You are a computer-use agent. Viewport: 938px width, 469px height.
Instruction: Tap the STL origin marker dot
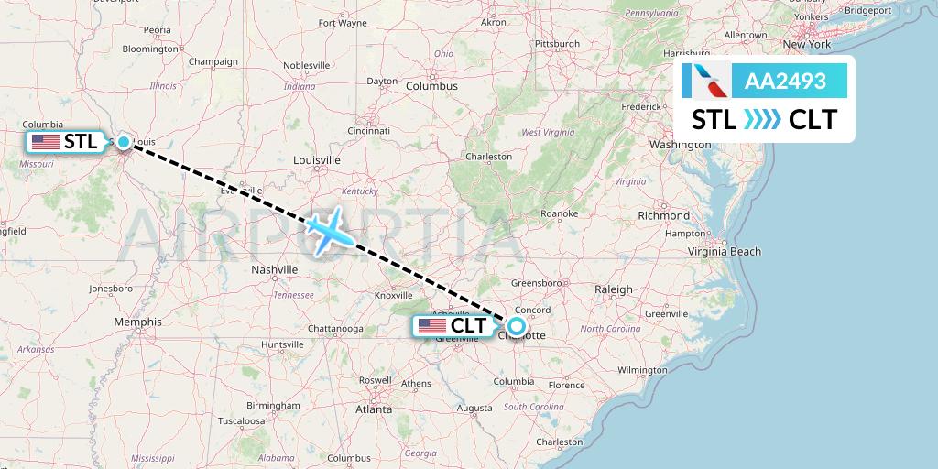tap(123, 142)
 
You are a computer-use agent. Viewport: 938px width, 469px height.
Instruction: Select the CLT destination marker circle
tap(516, 325)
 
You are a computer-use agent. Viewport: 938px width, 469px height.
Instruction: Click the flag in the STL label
tap(45, 142)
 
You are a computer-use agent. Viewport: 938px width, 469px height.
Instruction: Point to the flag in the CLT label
tap(432, 326)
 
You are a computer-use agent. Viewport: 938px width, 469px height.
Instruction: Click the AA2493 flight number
tap(786, 82)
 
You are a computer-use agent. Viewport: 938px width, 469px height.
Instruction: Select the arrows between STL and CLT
tap(762, 120)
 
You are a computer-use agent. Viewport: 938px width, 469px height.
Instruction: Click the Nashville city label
tap(275, 269)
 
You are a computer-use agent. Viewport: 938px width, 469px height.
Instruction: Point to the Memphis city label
tap(138, 322)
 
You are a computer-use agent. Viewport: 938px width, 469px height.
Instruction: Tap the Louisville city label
tap(316, 160)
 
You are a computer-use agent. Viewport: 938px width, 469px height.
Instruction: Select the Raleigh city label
tap(613, 289)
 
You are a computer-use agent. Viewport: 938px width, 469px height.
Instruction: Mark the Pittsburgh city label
tap(558, 43)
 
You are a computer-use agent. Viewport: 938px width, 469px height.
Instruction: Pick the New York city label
tap(806, 44)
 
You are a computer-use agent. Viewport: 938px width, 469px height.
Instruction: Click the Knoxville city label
tap(394, 295)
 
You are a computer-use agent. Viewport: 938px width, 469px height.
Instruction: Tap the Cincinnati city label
tap(369, 131)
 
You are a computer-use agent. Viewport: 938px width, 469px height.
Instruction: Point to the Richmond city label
tap(664, 215)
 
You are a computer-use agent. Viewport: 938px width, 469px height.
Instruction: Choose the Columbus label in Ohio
tap(431, 85)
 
